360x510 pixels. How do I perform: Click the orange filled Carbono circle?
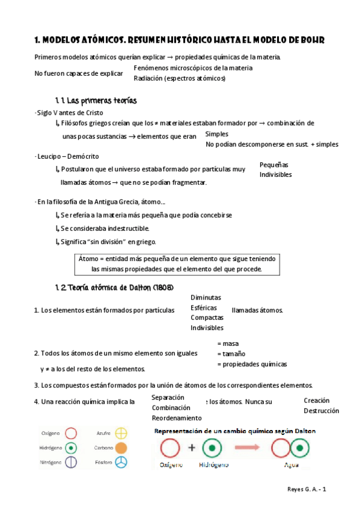point(121,447)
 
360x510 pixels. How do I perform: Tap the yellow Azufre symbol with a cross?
point(121,432)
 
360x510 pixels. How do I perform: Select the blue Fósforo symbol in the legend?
point(121,462)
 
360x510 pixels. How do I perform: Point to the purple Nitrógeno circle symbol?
point(71,462)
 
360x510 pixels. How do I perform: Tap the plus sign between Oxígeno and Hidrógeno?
point(192,448)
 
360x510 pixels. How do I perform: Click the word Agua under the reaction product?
point(291,465)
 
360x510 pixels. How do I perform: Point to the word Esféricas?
point(203,308)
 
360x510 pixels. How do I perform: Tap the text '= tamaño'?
point(231,354)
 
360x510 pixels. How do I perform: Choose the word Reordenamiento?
point(177,418)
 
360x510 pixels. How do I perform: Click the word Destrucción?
point(321,411)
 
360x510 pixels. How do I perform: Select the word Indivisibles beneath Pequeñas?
point(275,174)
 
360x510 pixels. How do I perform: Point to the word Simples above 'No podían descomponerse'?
point(216,134)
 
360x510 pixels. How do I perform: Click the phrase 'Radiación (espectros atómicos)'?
point(180,78)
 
